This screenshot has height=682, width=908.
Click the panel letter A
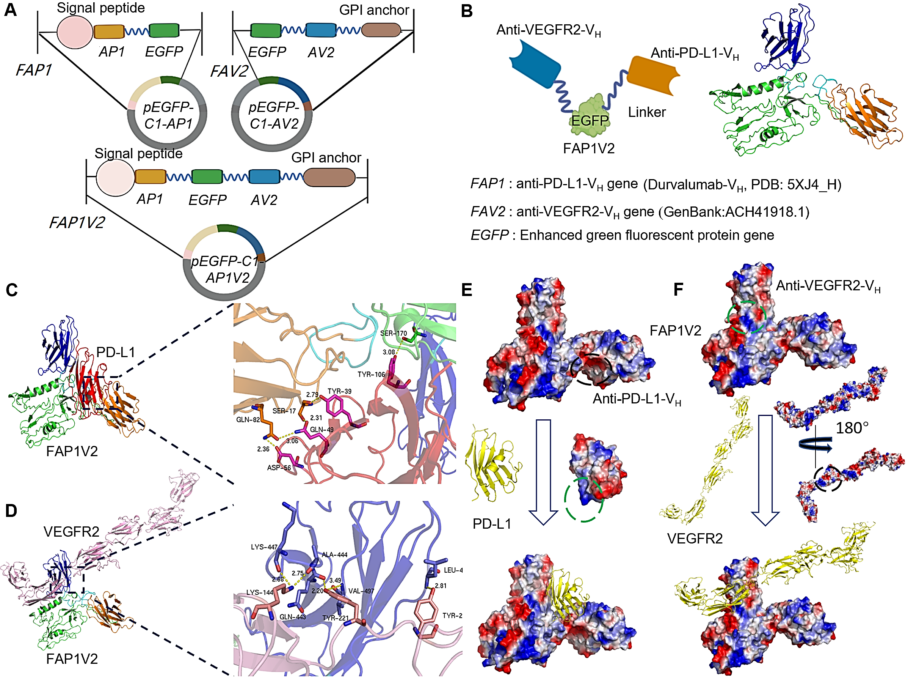(x=10, y=10)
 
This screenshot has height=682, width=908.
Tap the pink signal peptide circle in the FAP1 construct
(x=75, y=32)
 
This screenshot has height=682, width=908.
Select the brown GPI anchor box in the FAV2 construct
(x=381, y=30)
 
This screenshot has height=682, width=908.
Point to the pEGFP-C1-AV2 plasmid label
(x=274, y=115)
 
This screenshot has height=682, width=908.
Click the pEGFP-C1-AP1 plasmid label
(x=168, y=115)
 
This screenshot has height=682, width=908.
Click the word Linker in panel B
(x=647, y=112)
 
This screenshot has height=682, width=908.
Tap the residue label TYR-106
(x=371, y=374)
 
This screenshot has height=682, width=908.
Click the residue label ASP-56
(x=279, y=468)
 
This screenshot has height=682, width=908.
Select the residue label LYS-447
(x=264, y=547)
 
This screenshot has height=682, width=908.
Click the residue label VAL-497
(x=361, y=591)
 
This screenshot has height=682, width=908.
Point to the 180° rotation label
(x=852, y=428)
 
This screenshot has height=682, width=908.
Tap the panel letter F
(x=678, y=290)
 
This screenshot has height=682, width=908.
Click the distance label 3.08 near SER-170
(x=388, y=352)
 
